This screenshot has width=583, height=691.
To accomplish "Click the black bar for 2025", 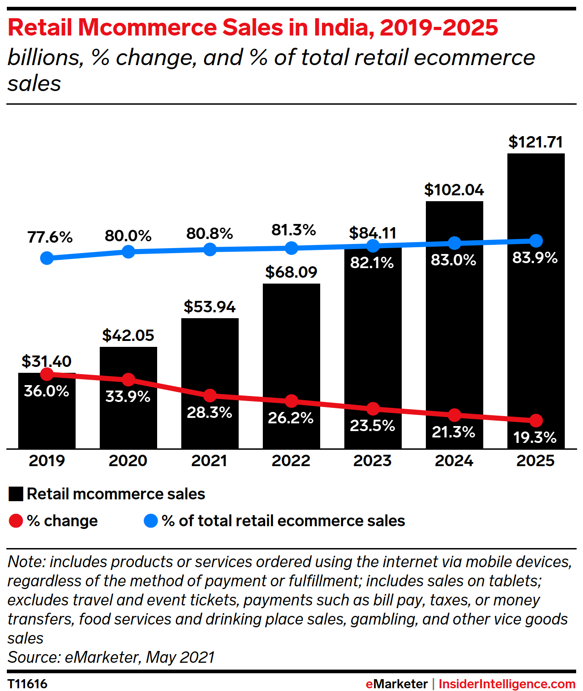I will point(536,319).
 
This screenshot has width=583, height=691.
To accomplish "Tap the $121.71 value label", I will point(536,142).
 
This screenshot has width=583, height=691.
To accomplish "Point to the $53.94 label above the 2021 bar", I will point(210,307).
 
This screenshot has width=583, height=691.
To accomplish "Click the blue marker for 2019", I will point(47,258).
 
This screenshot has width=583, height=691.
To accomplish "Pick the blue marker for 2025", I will point(536,240).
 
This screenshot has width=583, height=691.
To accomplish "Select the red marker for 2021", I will point(210,395).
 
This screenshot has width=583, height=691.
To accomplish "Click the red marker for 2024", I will point(454,415).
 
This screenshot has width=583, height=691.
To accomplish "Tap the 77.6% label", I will point(50,237).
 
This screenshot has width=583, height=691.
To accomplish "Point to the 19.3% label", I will point(535,437).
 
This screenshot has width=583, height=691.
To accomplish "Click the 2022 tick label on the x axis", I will point(291,461).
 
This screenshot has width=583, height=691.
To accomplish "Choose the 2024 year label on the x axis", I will point(454,461).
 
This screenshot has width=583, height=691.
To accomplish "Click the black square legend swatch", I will point(16,494).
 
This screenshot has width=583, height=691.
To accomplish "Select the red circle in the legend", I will point(16,521).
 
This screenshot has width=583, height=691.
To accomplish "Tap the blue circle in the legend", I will point(151,521).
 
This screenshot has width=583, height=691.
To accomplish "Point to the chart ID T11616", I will point(27,684).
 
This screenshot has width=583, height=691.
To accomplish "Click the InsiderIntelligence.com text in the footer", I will point(506,684).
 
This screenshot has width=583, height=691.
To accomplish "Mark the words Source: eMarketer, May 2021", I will point(111,657).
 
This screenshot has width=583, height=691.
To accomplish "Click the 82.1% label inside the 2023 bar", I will point(372,263).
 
